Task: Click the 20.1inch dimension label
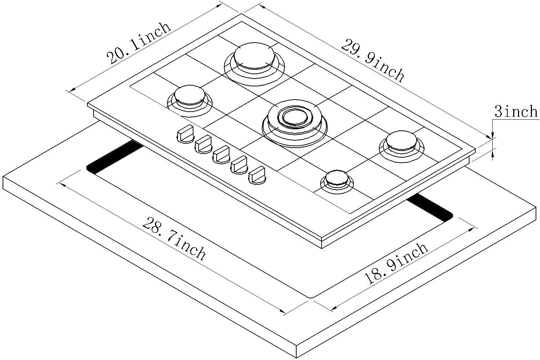click(x=139, y=43)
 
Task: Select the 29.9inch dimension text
click(x=373, y=60)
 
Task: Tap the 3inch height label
click(x=516, y=111)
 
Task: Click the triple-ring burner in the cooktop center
click(x=294, y=117)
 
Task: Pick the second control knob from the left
click(x=203, y=144)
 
